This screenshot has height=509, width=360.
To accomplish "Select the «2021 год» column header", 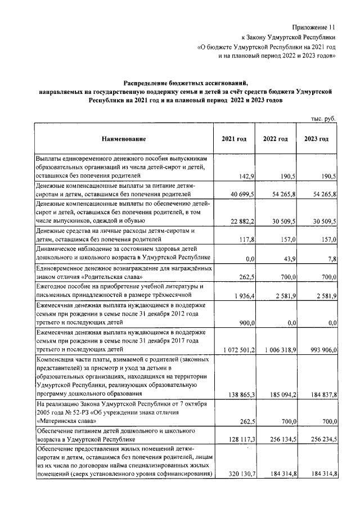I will (233, 139).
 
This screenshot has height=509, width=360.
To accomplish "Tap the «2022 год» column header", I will (276, 139).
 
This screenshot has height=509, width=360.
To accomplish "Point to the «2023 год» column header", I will (316, 139).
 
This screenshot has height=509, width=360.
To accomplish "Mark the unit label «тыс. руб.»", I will (323, 119).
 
